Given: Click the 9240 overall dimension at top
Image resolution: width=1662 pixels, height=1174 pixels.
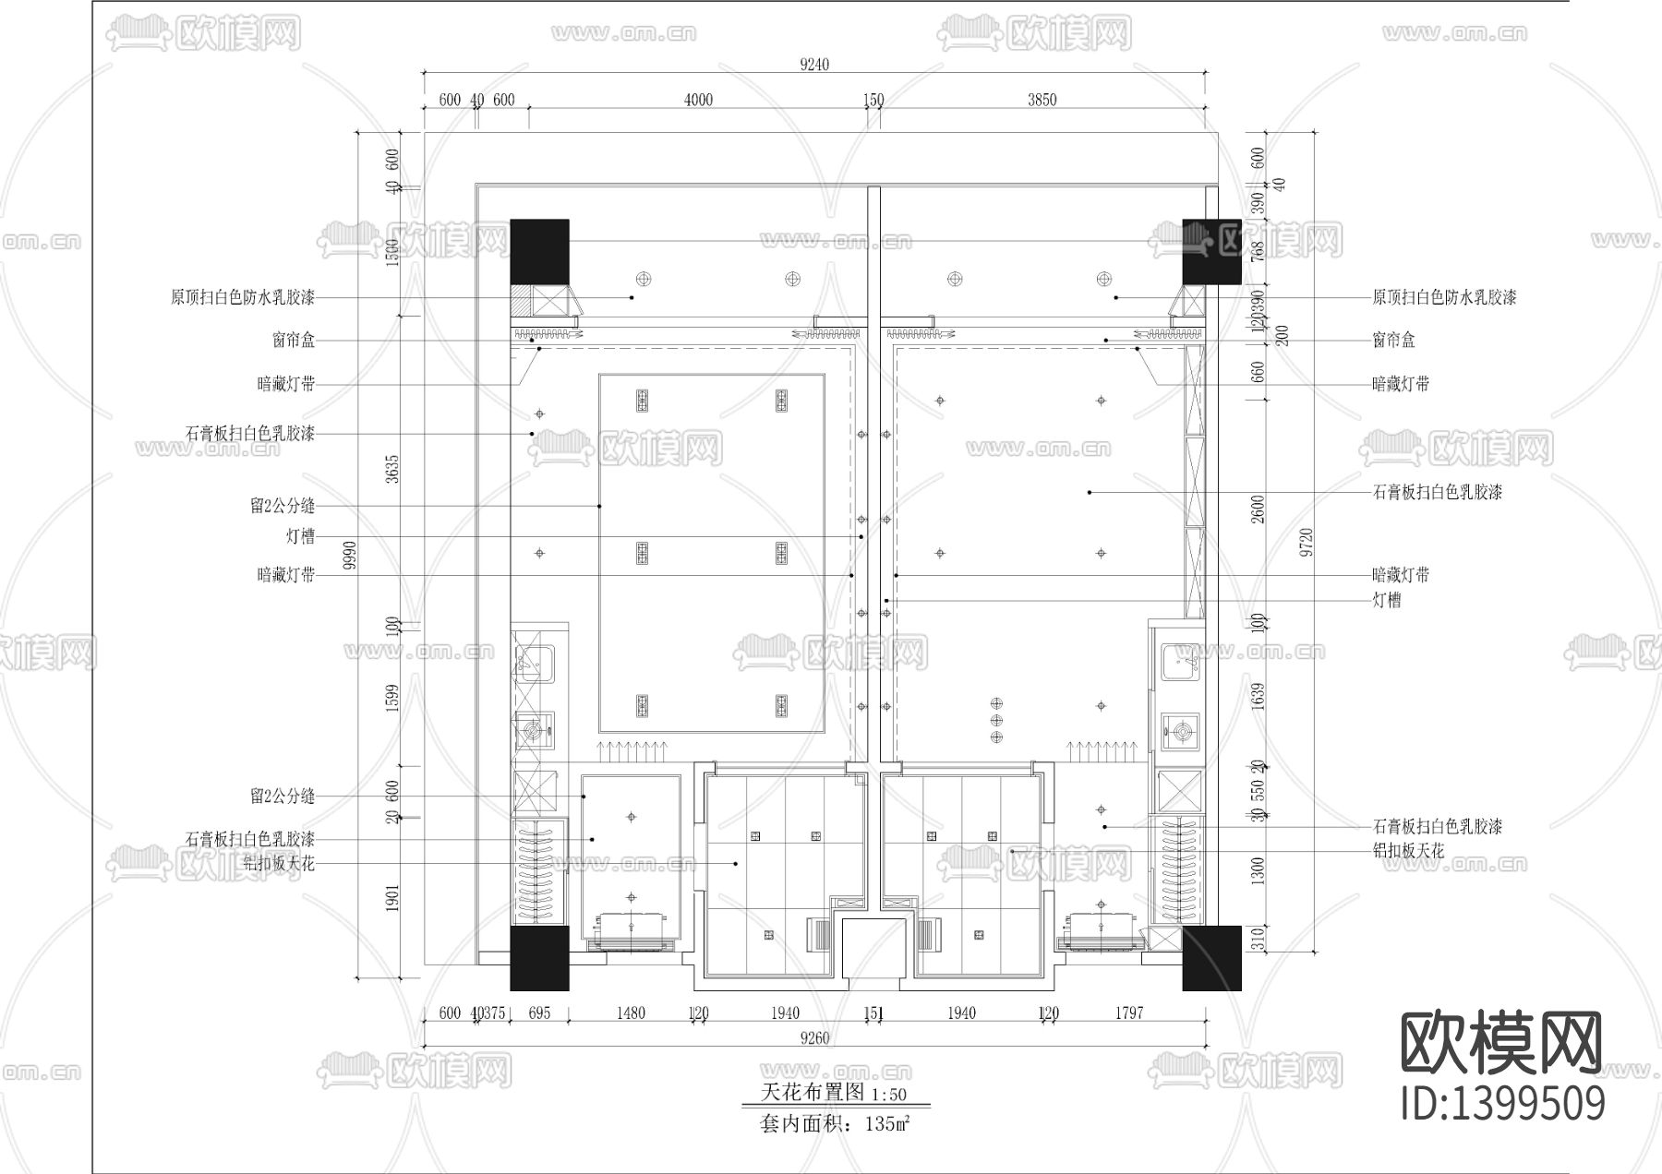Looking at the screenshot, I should tap(814, 65).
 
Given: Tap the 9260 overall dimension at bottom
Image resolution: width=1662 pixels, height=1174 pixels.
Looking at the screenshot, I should tap(814, 1037).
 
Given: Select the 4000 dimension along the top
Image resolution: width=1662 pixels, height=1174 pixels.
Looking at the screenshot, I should tap(698, 100).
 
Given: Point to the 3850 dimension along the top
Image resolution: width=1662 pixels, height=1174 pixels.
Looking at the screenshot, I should tap(1042, 100).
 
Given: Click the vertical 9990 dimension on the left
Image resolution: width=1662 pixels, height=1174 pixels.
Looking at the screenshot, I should tap(350, 556).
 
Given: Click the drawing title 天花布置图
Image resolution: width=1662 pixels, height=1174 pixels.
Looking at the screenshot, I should tap(813, 1093).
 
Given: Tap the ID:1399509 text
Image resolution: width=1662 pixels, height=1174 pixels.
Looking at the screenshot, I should tap(1503, 1103).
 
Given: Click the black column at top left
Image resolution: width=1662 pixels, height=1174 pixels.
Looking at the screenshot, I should tap(540, 250).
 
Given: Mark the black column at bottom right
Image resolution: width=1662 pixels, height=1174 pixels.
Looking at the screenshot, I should tap(1211, 958).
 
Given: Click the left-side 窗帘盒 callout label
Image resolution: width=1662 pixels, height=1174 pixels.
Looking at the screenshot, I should tap(294, 341).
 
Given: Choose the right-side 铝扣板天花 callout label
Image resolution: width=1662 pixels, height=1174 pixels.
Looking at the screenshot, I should tap(1408, 850).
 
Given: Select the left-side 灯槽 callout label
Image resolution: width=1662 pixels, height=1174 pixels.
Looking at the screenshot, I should tap(300, 537).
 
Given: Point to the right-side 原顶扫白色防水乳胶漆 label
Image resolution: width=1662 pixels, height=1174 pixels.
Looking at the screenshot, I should tap(1444, 297).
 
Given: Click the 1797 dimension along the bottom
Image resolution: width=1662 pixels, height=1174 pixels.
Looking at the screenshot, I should tap(1128, 1012).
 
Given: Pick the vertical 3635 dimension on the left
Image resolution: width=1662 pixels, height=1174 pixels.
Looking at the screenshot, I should tap(391, 469).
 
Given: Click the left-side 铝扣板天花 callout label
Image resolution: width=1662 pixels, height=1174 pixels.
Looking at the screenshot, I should tap(279, 864).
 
